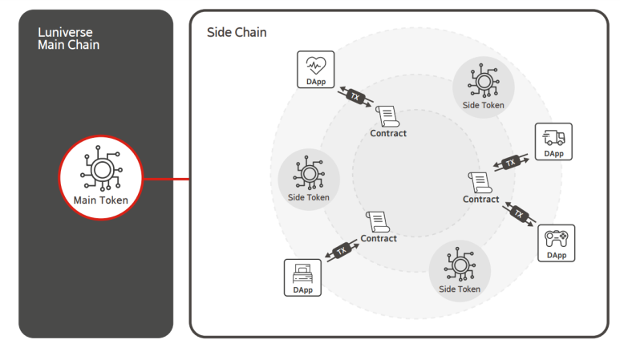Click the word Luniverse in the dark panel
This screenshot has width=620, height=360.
click(65, 32)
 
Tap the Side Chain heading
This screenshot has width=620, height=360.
click(237, 32)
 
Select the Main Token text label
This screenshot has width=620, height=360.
click(100, 200)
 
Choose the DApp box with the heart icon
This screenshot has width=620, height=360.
click(316, 71)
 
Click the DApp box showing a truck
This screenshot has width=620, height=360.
click(553, 142)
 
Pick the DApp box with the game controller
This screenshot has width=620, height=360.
click(556, 243)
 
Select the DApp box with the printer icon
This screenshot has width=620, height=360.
click(302, 277)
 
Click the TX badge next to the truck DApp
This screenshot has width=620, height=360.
click(511, 163)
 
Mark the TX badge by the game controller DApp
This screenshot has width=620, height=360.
click(519, 214)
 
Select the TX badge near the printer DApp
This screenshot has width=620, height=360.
click(342, 250)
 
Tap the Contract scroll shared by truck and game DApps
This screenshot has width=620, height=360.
click(480, 182)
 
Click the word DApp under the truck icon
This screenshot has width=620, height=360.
click(553, 153)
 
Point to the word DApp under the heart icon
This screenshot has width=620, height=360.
click(316, 82)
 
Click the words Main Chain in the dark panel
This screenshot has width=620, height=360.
click(69, 45)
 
